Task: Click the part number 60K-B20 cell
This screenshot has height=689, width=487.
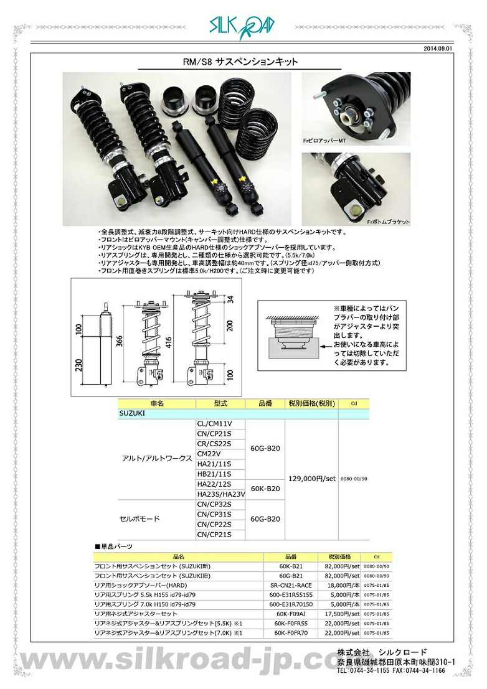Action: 265,489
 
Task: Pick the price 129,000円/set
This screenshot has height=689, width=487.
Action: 311,479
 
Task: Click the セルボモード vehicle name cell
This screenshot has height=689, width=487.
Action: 139,518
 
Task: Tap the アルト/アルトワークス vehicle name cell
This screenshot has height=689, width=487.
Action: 156,458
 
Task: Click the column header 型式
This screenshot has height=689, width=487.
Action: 221,403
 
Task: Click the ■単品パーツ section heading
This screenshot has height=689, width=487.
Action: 113,546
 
